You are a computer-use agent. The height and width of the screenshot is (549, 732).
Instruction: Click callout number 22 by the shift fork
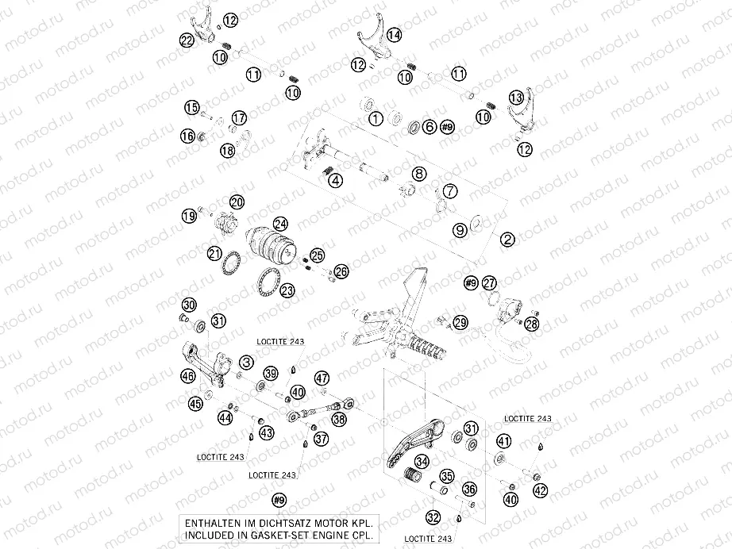(187, 40)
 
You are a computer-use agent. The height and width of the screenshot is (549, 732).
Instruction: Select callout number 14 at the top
(394, 34)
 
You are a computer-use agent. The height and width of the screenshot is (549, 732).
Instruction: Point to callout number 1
(376, 118)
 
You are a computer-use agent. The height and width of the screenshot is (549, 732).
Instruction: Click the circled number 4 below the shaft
(337, 181)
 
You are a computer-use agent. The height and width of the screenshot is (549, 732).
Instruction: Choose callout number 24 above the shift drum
(280, 224)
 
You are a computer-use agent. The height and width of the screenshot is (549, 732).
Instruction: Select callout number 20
(237, 202)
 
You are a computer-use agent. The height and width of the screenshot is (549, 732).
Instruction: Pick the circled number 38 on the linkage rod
(340, 420)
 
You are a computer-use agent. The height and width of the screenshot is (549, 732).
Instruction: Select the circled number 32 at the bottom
(433, 517)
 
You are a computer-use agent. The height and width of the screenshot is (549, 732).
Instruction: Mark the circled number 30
(189, 305)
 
